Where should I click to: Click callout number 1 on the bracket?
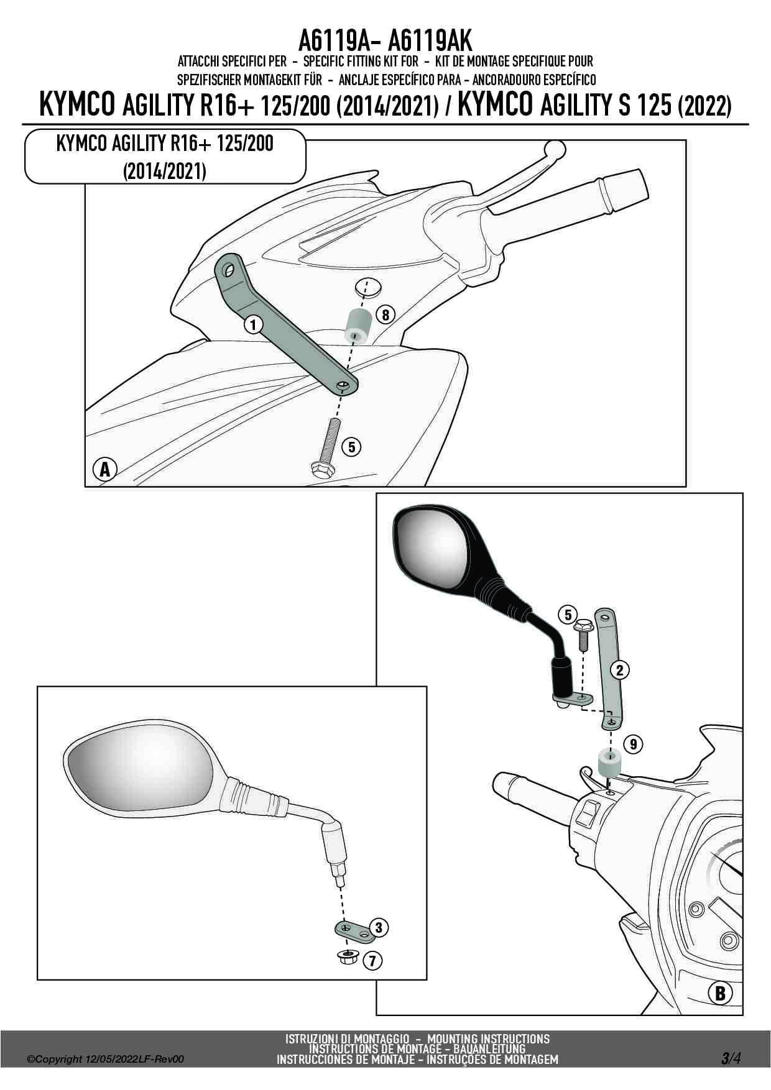click(x=252, y=324)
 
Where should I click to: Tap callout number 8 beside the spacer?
click(x=385, y=315)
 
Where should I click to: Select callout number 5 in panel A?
click(x=351, y=447)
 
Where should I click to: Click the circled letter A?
click(x=104, y=469)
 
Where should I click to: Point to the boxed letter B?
click(x=720, y=993)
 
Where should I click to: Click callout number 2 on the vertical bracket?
click(x=619, y=670)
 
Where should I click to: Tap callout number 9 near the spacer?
click(x=633, y=744)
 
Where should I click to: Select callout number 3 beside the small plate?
click(x=379, y=928)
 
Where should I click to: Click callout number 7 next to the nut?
click(x=372, y=961)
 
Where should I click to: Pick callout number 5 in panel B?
click(x=568, y=615)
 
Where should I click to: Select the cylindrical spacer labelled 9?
click(x=610, y=763)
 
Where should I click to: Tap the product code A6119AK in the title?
click(x=429, y=41)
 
